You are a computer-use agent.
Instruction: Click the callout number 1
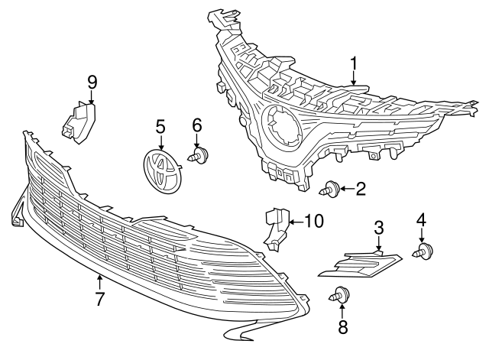tap(353, 64)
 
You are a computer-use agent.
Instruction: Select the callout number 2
tap(361, 189)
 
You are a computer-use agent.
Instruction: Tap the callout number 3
tap(378, 228)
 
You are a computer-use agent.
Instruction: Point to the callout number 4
tap(421, 219)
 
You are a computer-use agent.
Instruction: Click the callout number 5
tap(161, 127)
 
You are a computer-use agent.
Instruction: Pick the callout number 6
tap(197, 125)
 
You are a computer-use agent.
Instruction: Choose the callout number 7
tap(99, 299)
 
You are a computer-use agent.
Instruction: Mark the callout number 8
tap(342, 327)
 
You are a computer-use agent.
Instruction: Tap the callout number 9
tap(92, 83)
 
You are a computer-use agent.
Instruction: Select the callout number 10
tap(313, 221)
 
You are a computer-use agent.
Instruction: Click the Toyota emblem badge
tap(163, 172)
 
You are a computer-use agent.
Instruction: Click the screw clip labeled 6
tap(199, 155)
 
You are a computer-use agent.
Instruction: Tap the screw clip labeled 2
tap(329, 189)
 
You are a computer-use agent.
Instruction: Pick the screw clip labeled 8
tap(339, 294)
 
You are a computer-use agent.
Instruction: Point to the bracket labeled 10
tap(277, 229)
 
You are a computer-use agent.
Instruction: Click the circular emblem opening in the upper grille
tap(281, 127)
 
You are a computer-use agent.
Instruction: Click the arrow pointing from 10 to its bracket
tap(296, 222)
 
